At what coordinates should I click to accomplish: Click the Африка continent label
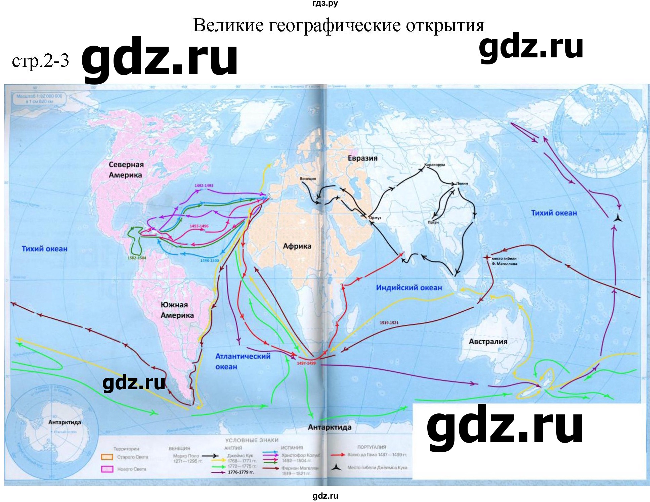(297, 246)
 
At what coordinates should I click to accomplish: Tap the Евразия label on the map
(362, 158)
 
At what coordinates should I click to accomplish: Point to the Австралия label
(488, 342)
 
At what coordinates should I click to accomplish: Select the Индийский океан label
(409, 288)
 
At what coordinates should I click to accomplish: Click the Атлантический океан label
(243, 361)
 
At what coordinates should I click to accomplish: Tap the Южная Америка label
(177, 310)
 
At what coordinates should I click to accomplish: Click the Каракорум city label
(434, 165)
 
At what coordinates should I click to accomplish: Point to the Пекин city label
(462, 184)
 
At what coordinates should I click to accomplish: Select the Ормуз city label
(375, 218)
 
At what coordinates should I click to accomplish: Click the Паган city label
(434, 222)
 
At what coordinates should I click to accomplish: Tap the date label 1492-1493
(204, 186)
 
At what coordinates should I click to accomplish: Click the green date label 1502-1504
(137, 258)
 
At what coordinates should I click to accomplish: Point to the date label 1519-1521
(389, 322)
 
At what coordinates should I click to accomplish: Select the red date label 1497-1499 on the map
(306, 363)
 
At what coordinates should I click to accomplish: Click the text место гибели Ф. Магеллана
(504, 261)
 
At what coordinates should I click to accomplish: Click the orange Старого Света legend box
(107, 457)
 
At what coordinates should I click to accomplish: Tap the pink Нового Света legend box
(107, 469)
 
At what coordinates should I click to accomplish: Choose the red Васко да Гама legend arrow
(338, 455)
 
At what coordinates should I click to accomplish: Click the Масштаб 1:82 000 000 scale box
(39, 98)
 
